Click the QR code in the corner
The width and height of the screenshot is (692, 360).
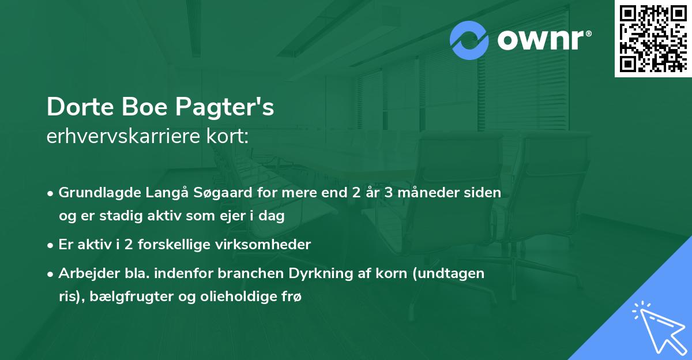[x=653, y=39]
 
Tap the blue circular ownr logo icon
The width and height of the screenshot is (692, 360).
[x=469, y=40]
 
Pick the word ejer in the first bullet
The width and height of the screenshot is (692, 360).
[x=221, y=215]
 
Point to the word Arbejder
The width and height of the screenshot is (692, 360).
[x=86, y=273]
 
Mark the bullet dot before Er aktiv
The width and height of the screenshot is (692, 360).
[x=51, y=245]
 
